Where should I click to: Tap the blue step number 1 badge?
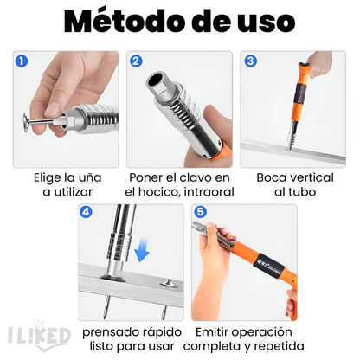tap(22, 61)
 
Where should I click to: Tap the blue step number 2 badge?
tap(137, 61)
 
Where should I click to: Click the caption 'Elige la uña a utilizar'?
tap(65, 184)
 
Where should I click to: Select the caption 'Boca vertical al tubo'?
tap(294, 184)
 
